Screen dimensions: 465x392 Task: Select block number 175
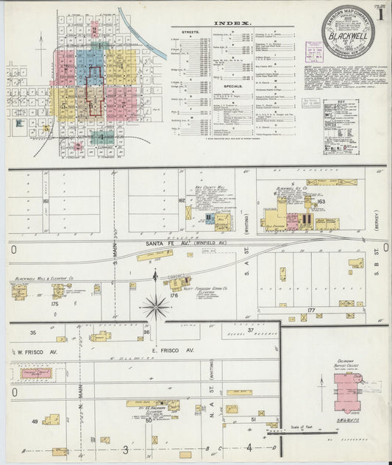(x=54, y=303)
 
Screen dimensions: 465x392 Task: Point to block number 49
(x=34, y=422)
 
